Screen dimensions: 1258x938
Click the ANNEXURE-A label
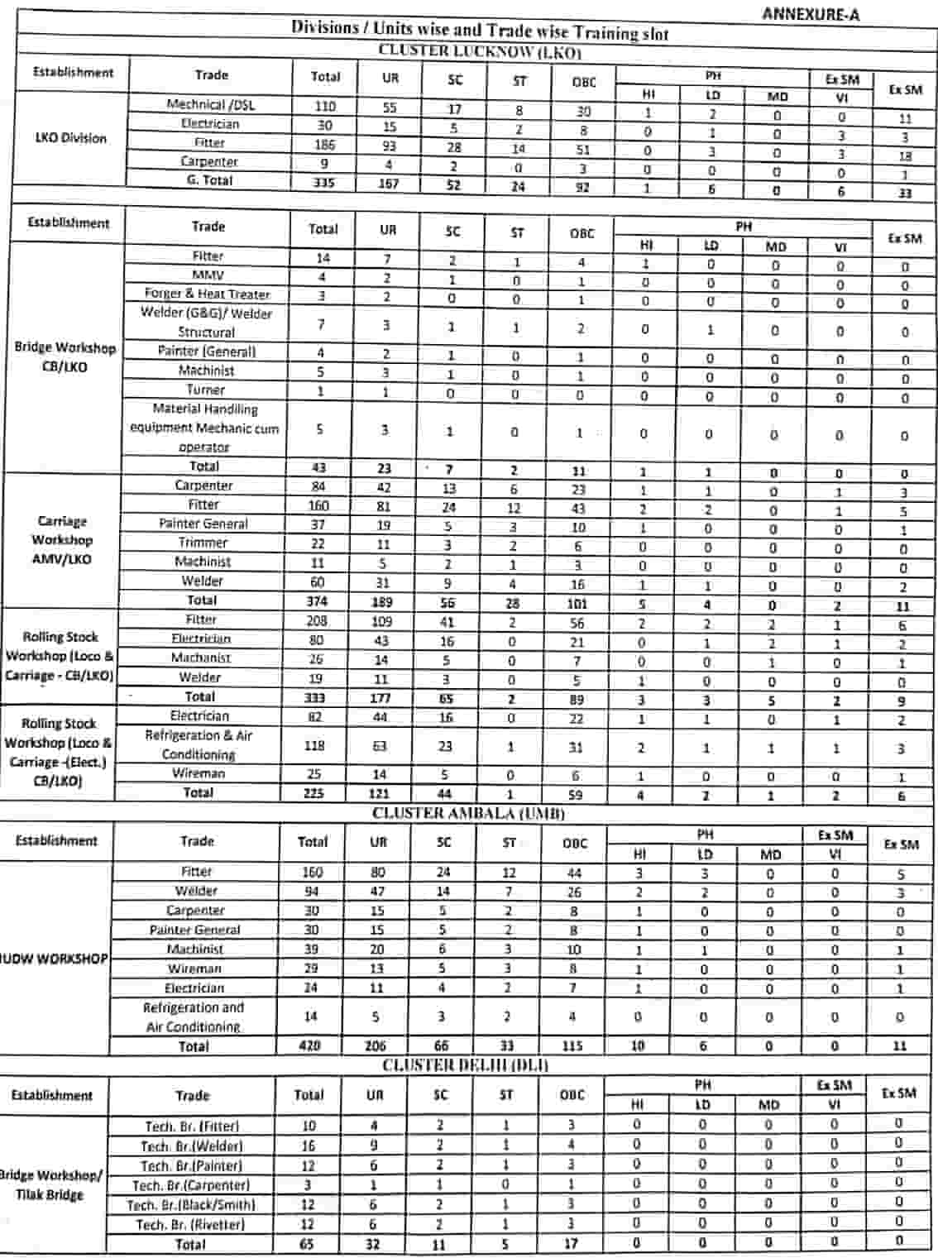tap(810, 14)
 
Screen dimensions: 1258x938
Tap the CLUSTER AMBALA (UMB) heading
tap(468, 813)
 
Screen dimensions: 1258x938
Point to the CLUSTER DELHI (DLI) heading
tap(465, 1064)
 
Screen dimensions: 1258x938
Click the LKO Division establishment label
tap(70, 138)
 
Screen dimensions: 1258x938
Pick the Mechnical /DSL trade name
tap(211, 104)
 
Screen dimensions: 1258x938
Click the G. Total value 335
tap(323, 182)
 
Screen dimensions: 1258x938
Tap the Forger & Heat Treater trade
tap(207, 294)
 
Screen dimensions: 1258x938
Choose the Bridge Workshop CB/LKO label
tap(65, 356)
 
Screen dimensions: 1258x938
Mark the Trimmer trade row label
tap(203, 543)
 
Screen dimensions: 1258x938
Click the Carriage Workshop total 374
tap(317, 601)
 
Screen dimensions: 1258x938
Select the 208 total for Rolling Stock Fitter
tap(317, 620)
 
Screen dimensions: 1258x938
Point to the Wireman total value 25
tap(314, 774)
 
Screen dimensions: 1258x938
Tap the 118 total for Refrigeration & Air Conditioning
tap(314, 745)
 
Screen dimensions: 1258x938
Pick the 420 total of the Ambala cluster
tap(310, 1045)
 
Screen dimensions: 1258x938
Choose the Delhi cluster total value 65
tap(307, 1244)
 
